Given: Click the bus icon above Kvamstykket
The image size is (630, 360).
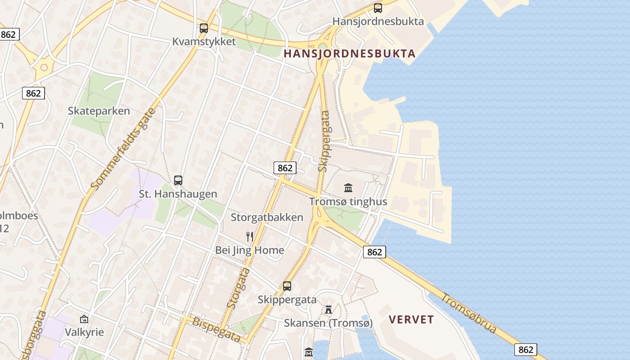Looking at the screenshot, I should click(x=204, y=28).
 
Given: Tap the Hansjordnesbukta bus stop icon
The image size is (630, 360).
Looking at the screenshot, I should click(x=378, y=8).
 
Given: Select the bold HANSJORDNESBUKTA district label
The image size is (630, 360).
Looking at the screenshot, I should click(x=349, y=54).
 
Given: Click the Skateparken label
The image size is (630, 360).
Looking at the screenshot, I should click(x=99, y=111).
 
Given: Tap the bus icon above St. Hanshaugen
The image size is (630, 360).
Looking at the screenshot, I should click(x=178, y=180).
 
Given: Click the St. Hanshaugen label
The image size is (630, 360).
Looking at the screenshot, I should click(x=178, y=194).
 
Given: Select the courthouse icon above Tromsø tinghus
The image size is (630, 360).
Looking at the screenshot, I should click(x=348, y=188).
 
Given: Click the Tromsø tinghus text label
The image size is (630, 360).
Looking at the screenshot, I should click(x=348, y=201).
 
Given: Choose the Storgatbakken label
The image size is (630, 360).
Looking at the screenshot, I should click(x=267, y=217).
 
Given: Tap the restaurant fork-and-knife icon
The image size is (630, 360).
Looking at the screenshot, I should click(x=250, y=237).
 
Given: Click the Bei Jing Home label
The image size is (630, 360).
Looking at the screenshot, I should click(x=250, y=250).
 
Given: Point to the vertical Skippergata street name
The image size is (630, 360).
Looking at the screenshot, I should click(x=324, y=141).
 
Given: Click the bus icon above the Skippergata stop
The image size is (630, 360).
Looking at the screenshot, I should click(x=287, y=286).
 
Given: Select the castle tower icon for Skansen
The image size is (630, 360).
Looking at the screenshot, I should click(x=328, y=310).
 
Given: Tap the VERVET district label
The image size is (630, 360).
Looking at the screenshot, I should click(x=411, y=319).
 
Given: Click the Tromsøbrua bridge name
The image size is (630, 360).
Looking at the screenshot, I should click(x=468, y=313).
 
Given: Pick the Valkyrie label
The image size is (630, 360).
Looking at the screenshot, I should click(x=84, y=332).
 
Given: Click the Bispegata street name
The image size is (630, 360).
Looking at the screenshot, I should click(x=216, y=329).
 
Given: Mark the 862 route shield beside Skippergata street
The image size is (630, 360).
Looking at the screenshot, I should click(x=285, y=168).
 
